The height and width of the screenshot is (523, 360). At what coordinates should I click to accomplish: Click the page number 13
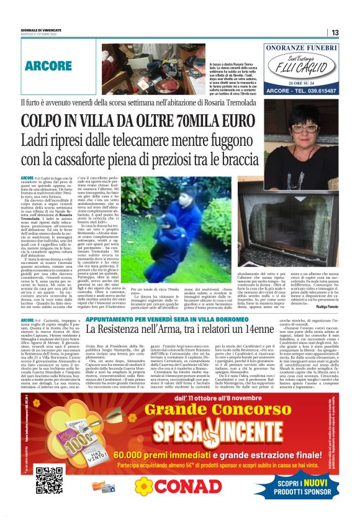(x=335, y=33)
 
